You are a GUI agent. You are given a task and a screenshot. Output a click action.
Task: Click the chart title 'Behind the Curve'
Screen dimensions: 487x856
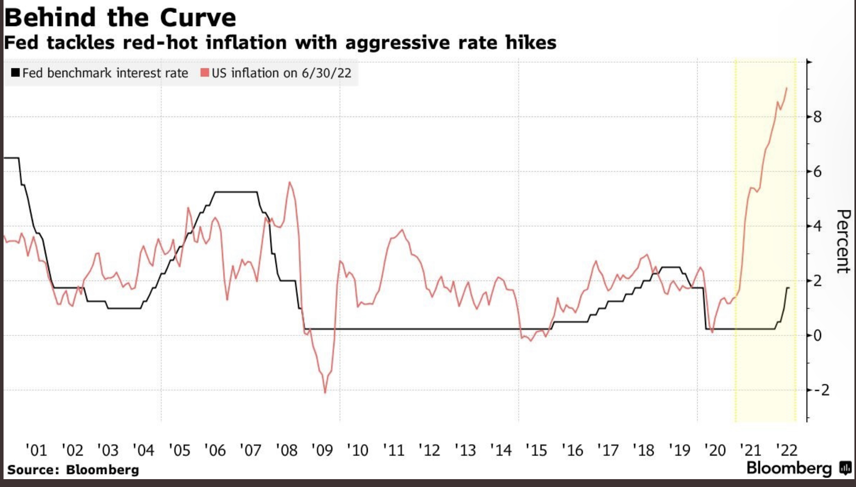(x=120, y=18)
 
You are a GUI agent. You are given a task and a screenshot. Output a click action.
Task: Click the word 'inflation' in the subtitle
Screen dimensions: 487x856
(x=246, y=42)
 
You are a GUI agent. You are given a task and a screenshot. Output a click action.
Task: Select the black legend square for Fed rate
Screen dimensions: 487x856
(x=15, y=73)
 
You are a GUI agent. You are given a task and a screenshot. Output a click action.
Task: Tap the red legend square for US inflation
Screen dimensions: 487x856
(x=204, y=73)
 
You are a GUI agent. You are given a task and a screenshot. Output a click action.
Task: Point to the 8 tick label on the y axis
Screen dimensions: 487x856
(x=817, y=117)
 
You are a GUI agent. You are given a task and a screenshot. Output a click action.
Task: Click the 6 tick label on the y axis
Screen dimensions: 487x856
(x=817, y=172)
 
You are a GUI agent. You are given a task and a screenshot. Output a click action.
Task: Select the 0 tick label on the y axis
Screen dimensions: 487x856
(x=817, y=336)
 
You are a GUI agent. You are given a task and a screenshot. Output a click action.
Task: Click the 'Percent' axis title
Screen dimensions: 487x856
(x=843, y=241)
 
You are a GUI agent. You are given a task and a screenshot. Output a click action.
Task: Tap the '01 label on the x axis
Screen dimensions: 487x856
(x=36, y=450)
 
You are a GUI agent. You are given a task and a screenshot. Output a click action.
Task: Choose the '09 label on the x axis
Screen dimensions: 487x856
(x=322, y=450)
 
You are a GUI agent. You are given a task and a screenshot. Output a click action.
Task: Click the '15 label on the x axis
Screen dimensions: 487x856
(x=536, y=450)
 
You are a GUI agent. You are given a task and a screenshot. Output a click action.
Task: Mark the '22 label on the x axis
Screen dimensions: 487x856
(x=787, y=450)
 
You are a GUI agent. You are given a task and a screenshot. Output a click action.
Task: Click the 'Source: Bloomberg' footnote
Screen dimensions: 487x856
(x=73, y=470)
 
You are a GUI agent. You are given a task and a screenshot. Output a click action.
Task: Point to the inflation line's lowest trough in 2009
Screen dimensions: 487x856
(x=325, y=392)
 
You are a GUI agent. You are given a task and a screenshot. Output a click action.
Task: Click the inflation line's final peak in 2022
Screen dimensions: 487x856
(x=787, y=88)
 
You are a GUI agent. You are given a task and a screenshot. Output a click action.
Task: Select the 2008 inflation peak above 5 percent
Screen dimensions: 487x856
(x=290, y=182)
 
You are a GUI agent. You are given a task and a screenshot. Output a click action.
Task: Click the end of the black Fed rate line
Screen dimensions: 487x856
(x=789, y=288)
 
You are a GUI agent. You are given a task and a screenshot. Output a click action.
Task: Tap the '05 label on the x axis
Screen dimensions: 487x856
(x=179, y=450)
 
